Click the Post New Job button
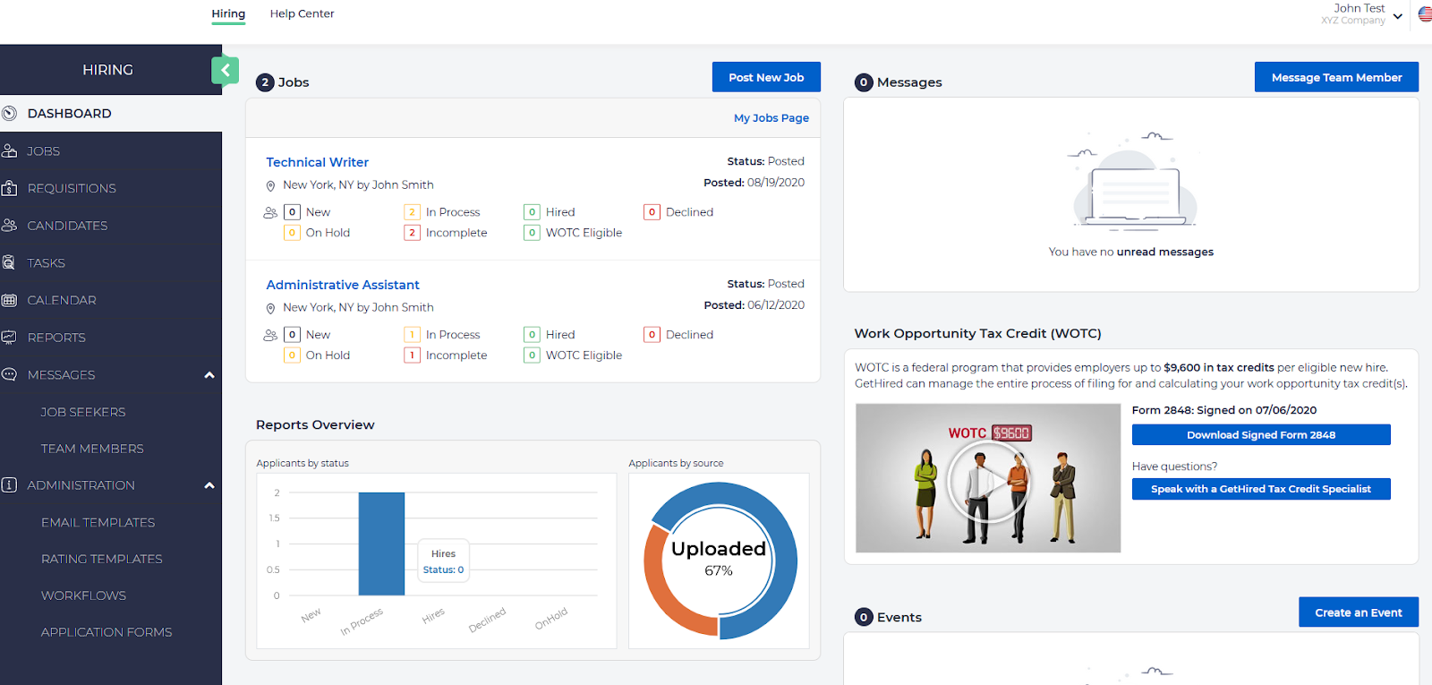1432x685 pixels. coord(766,77)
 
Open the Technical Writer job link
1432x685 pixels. coord(317,162)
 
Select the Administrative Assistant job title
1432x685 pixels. coord(342,285)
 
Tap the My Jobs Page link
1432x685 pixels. coord(771,118)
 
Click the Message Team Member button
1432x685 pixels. coord(1336,77)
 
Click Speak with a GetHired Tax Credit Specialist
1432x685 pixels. coord(1260,489)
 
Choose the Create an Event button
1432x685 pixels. coord(1358,612)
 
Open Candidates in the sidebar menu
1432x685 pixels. coord(67,226)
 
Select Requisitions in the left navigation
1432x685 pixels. coord(72,188)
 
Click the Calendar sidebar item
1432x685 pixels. coord(62,300)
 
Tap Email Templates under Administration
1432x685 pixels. coord(98,522)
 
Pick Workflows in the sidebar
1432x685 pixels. coord(83,595)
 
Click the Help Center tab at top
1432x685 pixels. coord(302,13)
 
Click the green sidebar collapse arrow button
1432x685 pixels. coord(225,70)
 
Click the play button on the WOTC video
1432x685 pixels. coord(988,483)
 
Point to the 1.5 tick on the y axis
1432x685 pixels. coord(275,518)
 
